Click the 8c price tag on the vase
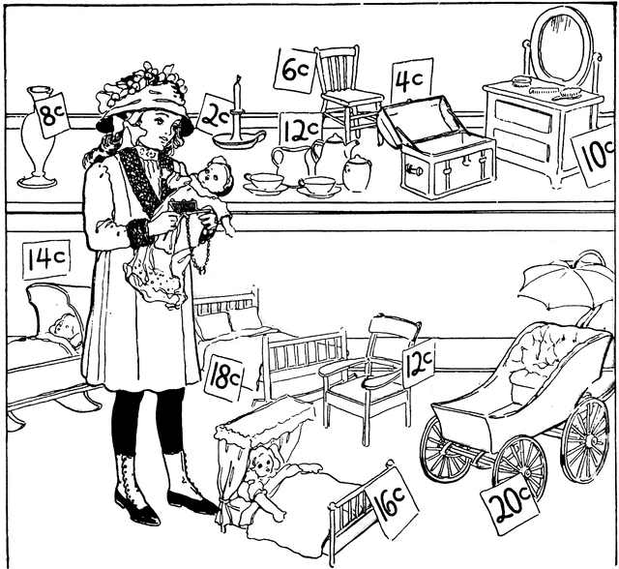52,115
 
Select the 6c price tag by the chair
295,71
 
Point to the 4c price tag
411,80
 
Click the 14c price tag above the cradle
46,259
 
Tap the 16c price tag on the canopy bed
392,500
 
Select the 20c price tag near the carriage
510,507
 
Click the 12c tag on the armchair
419,363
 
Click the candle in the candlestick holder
237,94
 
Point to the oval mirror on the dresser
561,46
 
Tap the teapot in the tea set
334,156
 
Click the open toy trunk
436,148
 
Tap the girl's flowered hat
144,99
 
